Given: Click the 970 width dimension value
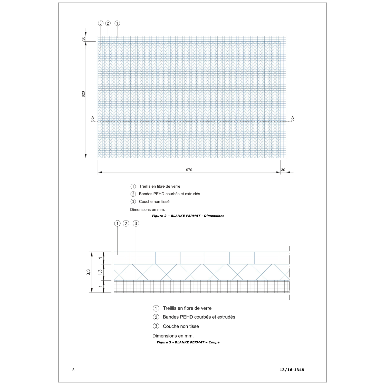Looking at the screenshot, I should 189,170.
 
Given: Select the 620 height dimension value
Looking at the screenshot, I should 83,94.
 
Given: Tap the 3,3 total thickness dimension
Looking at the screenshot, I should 88,272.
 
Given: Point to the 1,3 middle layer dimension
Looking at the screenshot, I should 100,272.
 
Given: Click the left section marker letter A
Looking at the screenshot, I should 93,118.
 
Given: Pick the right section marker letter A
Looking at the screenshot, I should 293,118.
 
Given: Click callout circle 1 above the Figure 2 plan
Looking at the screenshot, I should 117,23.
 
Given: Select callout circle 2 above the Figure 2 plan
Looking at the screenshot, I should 108,23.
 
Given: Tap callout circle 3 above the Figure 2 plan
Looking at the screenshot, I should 101,23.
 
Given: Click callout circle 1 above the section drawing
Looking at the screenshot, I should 117,224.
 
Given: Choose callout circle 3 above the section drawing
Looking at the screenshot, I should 136,224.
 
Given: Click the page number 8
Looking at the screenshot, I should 73,370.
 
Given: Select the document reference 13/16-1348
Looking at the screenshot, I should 292,370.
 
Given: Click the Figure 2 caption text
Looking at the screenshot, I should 188,216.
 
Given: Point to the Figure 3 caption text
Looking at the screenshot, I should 188,342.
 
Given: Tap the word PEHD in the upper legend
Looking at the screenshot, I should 159,194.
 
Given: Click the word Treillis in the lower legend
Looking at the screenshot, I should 171,308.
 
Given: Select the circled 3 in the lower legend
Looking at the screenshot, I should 156,326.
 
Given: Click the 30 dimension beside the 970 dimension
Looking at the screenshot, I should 283,170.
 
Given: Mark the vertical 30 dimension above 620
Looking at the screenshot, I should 83,38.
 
